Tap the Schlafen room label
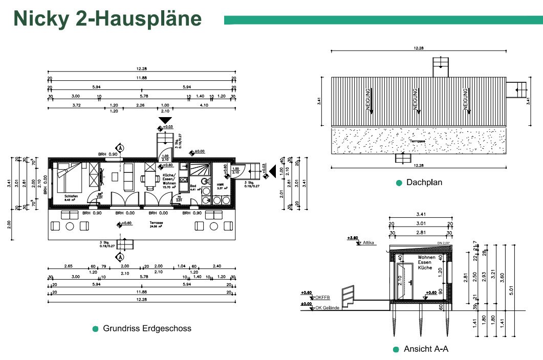click(x=71, y=196)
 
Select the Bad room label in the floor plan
click(x=193, y=186)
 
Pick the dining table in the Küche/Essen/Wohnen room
click(x=150, y=179)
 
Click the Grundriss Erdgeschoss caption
click(x=147, y=328)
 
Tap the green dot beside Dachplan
click(x=399, y=183)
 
